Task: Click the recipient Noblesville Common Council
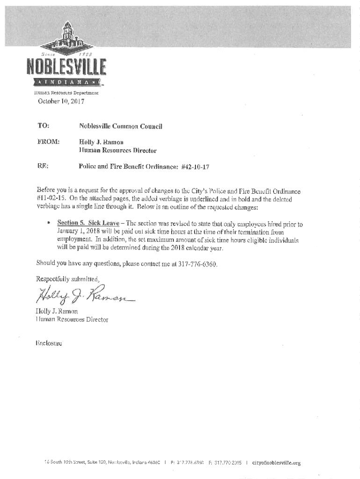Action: click(x=121, y=126)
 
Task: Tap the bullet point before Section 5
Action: click(x=48, y=224)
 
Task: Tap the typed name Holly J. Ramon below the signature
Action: click(x=57, y=311)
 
